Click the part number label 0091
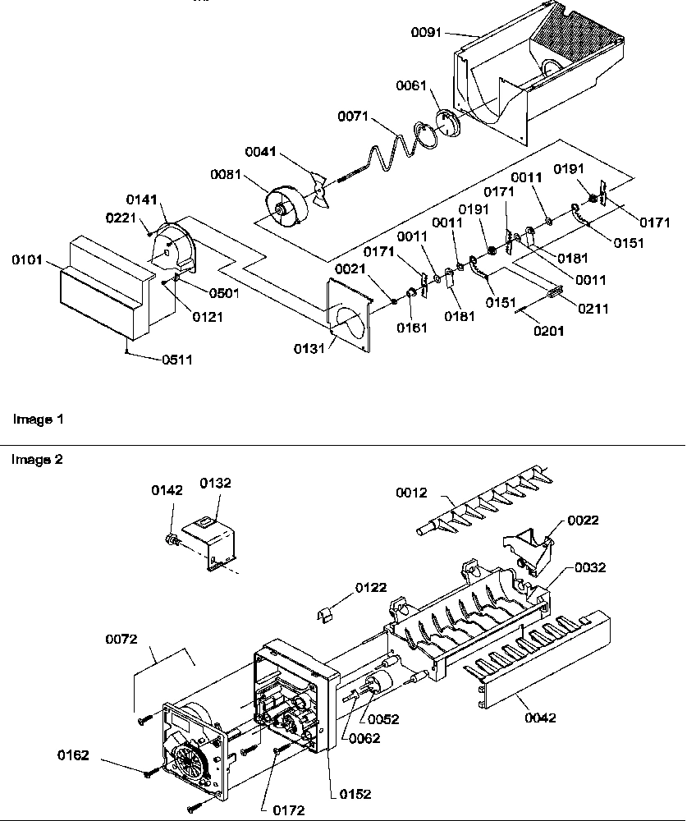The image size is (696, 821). pos(426,32)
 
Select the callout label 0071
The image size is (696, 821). pos(354,117)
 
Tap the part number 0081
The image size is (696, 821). pos(227,173)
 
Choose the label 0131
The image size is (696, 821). pos(310,347)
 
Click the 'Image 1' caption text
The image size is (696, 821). pos(37,419)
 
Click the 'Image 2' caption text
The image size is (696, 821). pos(37,460)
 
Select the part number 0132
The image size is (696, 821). pos(217,484)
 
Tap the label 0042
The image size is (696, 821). pos(539,718)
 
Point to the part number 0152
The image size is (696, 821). pos(355,794)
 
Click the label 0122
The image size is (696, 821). pos(371,587)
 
